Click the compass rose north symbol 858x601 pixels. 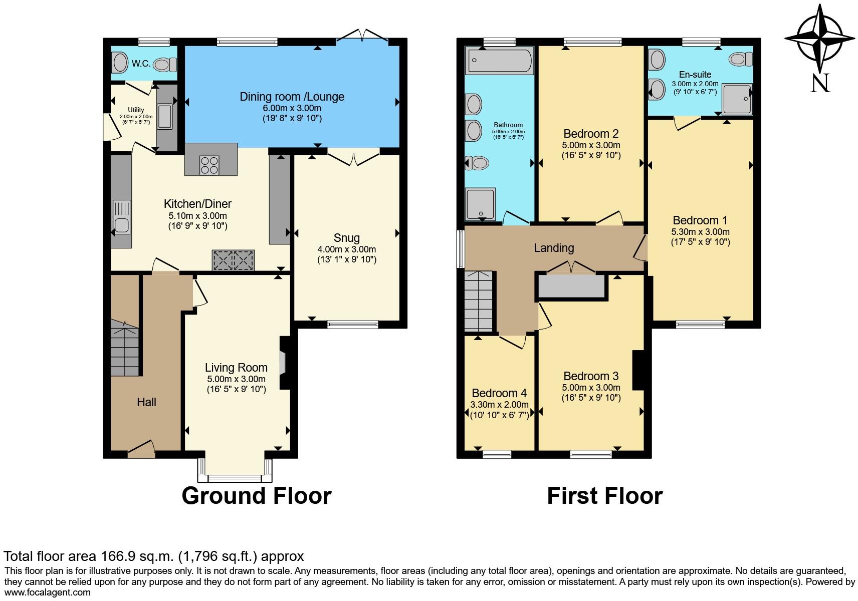coord(820,39)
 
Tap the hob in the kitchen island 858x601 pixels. coord(209,165)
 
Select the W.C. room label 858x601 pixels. coord(141,64)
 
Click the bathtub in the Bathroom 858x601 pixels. coord(500,61)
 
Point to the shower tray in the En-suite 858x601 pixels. coord(737,98)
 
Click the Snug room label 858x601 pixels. coord(346,238)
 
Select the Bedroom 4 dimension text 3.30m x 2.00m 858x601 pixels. coord(499,404)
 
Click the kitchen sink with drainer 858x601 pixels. coord(122,217)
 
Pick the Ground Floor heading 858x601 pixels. coord(256,495)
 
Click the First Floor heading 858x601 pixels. coord(604,495)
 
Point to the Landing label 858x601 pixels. coord(554,248)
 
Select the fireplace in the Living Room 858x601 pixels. coord(283,363)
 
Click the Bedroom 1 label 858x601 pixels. coord(700,220)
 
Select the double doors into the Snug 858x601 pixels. coord(354,159)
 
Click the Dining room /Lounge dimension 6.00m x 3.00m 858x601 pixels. coord(291,108)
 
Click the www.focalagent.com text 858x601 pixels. coord(47,592)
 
